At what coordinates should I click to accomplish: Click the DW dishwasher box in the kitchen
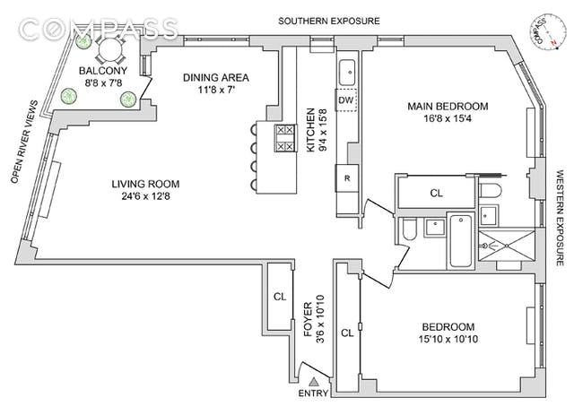point(346,99)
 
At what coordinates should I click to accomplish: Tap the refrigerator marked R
point(347,178)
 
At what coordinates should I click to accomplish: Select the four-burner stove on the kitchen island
point(285,138)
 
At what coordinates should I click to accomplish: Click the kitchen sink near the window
point(347,73)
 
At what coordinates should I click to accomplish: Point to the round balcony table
point(109,49)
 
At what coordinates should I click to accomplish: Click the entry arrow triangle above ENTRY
point(313,382)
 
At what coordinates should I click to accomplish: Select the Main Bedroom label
point(448,107)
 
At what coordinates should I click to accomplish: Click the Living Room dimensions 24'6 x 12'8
point(145,196)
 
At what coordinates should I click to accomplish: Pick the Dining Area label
point(216,78)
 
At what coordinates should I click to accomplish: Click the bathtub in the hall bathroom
point(461,241)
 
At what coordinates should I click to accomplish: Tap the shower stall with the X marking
point(507,245)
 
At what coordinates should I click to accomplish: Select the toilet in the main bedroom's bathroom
point(489,190)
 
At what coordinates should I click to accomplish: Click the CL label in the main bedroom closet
point(437,193)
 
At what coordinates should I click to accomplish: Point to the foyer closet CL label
point(280,297)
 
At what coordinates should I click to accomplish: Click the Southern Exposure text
point(329,21)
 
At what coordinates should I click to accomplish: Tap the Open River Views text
point(24,142)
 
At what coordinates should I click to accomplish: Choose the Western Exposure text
point(561,218)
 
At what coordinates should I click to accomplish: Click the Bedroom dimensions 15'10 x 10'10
point(448,339)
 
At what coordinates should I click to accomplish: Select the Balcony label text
point(103,71)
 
